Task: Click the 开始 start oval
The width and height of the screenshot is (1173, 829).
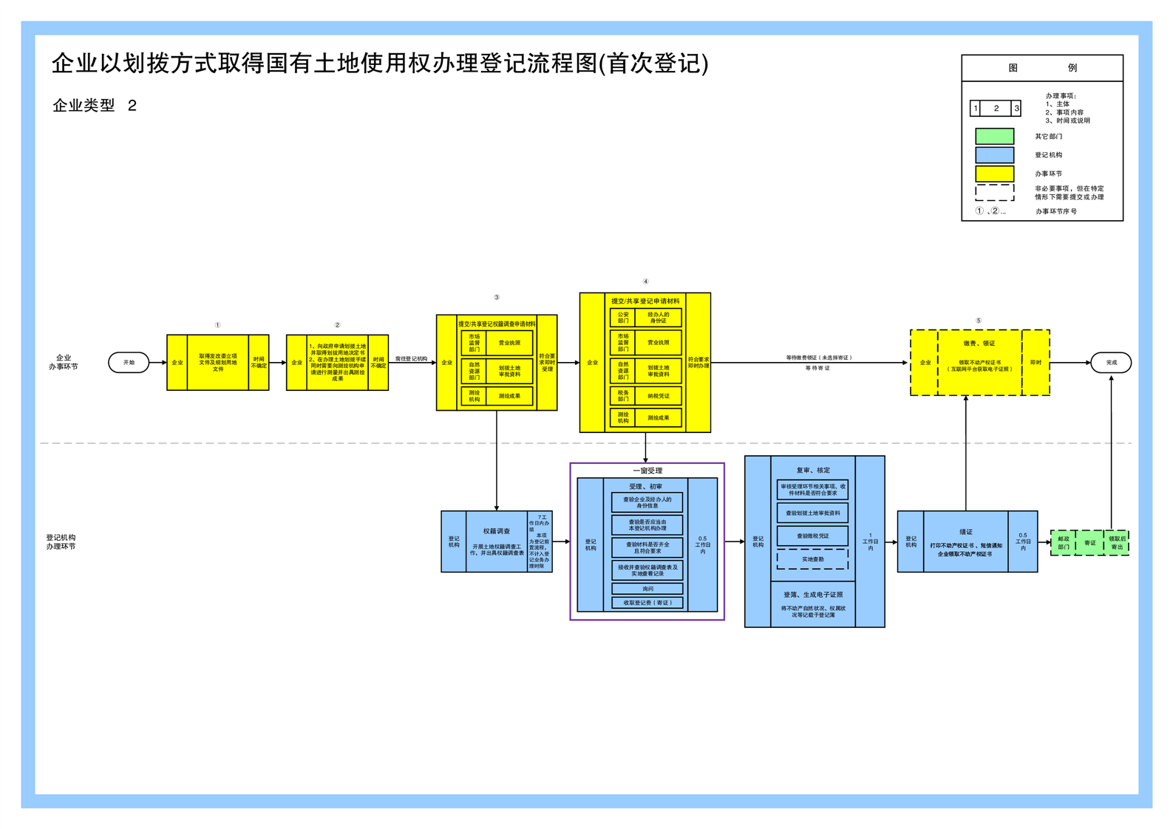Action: (x=129, y=362)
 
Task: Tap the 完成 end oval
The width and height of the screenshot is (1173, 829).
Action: (x=1111, y=362)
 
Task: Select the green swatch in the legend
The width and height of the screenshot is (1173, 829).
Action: (x=994, y=136)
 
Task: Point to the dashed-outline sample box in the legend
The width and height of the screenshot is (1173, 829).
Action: (x=994, y=193)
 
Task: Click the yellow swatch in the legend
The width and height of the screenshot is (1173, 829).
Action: (x=994, y=174)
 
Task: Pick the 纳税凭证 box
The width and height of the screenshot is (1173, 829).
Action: (x=658, y=396)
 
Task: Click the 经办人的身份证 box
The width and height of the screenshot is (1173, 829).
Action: (x=658, y=318)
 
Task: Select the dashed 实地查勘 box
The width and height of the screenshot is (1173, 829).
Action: (x=812, y=559)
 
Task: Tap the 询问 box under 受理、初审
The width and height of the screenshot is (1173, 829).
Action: (x=647, y=589)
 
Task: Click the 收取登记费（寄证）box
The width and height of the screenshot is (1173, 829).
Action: (x=647, y=603)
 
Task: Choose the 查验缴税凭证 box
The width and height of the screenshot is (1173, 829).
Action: (x=812, y=536)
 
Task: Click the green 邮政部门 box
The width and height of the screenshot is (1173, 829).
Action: (x=1063, y=543)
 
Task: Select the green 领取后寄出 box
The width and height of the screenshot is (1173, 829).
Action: (x=1116, y=543)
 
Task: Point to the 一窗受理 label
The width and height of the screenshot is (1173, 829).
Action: (x=647, y=471)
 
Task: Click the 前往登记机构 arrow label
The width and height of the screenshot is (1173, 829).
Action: (x=411, y=358)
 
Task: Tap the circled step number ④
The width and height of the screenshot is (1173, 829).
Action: (x=645, y=282)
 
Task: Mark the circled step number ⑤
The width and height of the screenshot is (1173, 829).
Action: (x=978, y=321)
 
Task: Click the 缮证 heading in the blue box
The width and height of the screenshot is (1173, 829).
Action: (x=965, y=531)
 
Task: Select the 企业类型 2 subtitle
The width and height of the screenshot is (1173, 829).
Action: (x=95, y=106)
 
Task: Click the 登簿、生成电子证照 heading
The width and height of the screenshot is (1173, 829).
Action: (x=812, y=595)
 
